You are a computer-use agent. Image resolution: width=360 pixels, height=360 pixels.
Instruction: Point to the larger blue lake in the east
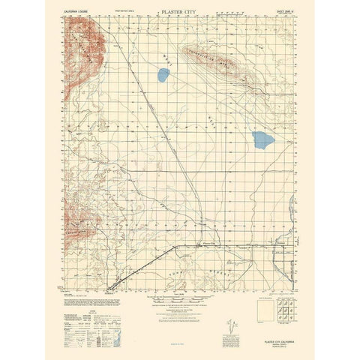(262, 139)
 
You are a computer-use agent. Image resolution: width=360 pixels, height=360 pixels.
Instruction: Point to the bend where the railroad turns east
(175, 246)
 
